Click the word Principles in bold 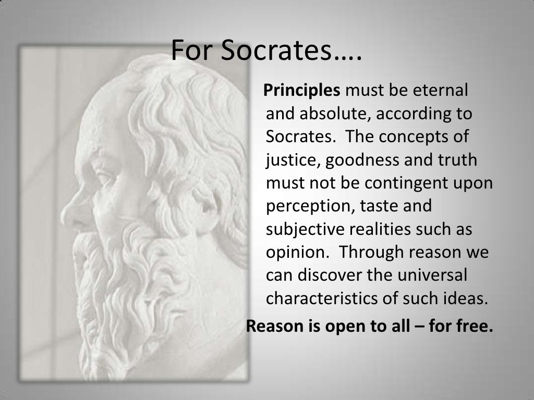302,91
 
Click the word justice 293,160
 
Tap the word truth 456,160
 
